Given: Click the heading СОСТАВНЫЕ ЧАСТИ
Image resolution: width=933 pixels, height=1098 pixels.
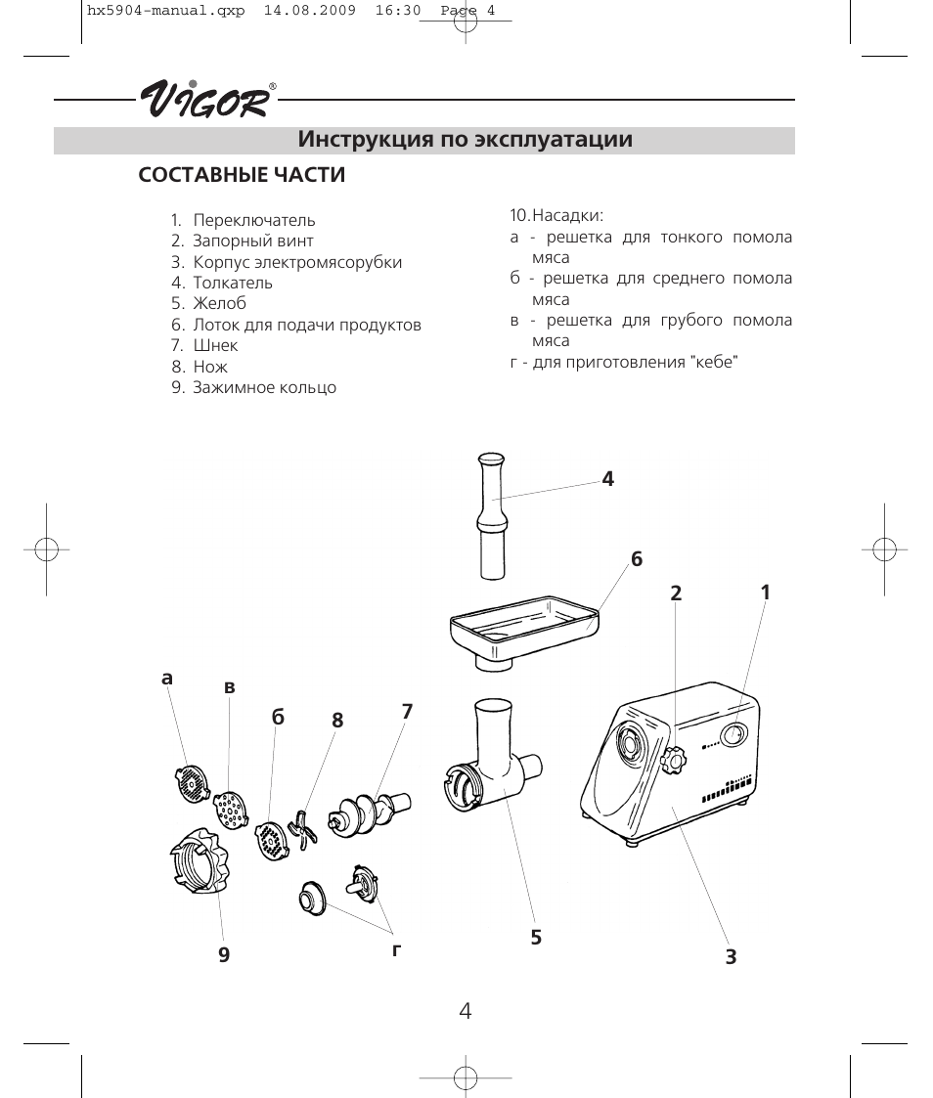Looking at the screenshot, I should tap(242, 176).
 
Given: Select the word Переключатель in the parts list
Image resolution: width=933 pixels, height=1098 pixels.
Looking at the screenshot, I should tap(254, 220).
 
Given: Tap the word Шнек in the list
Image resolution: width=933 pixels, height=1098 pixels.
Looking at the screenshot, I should tap(215, 345).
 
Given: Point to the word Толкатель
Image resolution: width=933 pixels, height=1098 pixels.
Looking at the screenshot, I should tap(233, 283).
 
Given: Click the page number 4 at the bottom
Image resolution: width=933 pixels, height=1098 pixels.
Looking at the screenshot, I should tap(466, 1011).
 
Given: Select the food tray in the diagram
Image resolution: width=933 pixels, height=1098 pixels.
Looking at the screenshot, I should tap(523, 626).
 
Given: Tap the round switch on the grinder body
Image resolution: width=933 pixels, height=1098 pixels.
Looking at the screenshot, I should tap(733, 734).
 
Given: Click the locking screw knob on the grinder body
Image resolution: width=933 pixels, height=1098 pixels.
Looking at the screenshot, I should tap(674, 760).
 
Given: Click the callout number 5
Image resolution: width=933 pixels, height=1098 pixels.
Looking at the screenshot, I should tap(536, 937).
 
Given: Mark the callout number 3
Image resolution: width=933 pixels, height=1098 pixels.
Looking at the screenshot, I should tap(731, 957).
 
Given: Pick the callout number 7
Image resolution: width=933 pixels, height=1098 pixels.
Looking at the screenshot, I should tap(407, 712).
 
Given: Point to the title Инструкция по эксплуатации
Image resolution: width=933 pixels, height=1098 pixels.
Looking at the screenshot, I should tap(466, 140).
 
